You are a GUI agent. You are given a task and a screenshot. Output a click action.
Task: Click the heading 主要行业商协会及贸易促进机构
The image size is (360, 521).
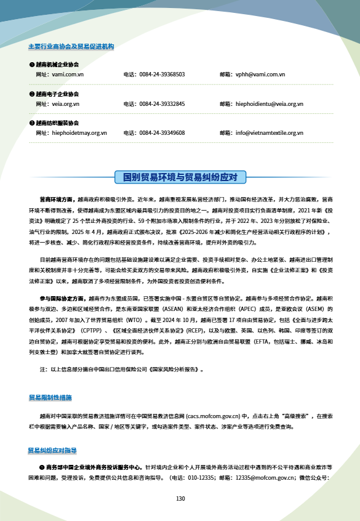71,47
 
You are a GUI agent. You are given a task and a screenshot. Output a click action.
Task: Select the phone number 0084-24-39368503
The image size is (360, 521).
162,74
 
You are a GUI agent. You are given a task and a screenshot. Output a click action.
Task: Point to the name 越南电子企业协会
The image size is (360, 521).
57,94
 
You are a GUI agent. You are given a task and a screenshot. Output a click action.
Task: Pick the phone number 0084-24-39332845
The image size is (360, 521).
162,103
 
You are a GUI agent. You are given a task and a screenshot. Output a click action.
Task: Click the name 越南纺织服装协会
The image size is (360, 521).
57,123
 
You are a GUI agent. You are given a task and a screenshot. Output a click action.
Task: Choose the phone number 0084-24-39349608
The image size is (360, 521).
162,132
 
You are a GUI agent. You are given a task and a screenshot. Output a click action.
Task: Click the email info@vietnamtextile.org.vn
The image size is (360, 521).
270,132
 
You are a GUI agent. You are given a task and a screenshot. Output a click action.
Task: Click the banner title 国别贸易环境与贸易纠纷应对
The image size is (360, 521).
180,177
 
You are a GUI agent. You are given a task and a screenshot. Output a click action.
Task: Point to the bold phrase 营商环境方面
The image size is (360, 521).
55,200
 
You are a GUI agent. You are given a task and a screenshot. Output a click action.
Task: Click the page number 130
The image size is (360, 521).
180,498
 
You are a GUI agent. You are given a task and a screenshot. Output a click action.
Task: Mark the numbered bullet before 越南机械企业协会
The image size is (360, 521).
31,64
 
